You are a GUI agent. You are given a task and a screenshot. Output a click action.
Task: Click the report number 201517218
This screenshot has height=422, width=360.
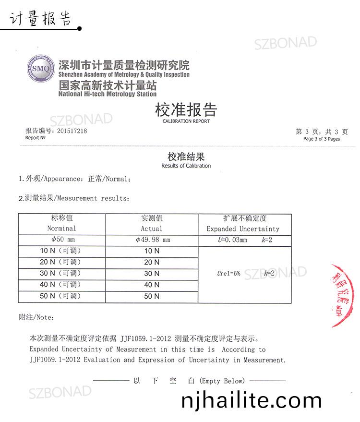(72, 131)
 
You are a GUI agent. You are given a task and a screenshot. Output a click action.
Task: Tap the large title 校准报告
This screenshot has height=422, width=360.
(186, 110)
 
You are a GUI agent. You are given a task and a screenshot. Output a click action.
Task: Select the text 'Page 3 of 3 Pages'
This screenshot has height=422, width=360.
(321, 139)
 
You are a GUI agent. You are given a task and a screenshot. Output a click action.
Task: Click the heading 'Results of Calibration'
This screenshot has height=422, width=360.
(186, 166)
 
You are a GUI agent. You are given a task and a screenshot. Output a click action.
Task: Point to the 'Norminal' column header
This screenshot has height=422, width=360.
(61, 229)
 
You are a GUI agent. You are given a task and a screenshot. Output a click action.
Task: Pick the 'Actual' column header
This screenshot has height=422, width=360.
(152, 229)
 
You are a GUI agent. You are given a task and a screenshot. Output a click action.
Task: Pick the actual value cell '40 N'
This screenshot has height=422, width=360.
(152, 285)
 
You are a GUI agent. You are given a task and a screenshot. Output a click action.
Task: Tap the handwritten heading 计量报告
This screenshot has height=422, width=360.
(40, 18)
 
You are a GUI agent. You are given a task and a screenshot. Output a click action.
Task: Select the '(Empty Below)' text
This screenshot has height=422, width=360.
(222, 381)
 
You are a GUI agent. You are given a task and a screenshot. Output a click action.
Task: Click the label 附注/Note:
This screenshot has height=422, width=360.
(36, 318)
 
